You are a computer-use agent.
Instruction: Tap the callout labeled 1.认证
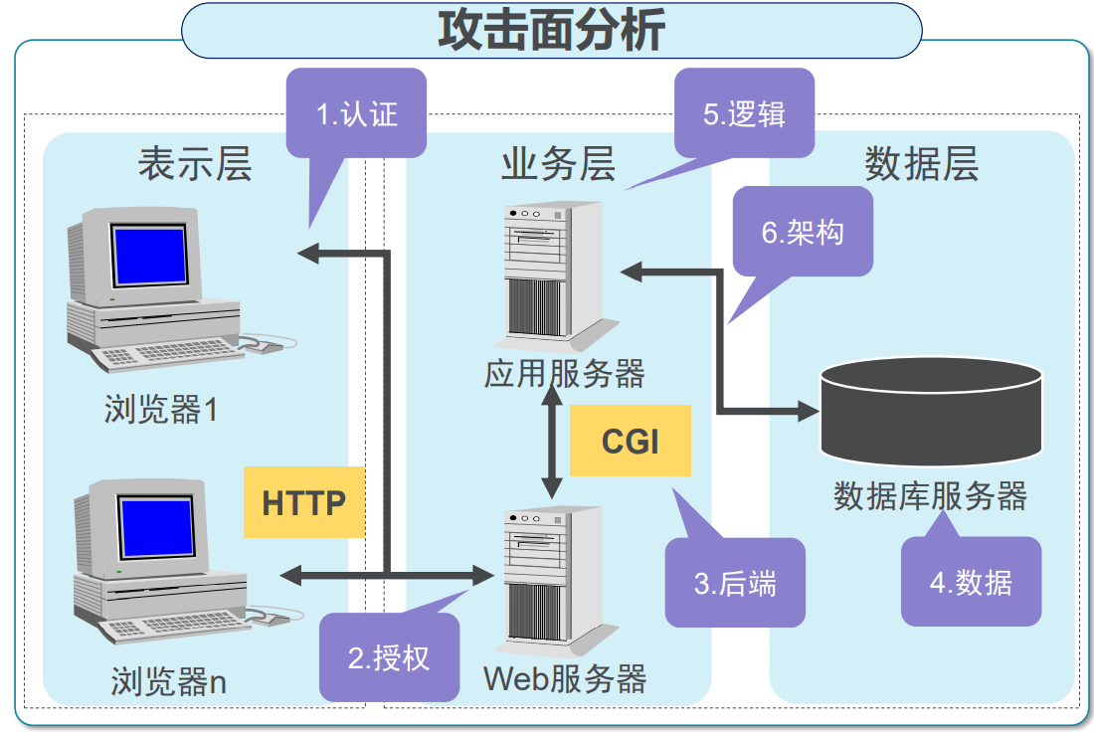pyautogui.click(x=356, y=113)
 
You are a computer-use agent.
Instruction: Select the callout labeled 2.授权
pyautogui.click(x=389, y=657)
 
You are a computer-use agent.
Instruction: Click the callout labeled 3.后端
pyautogui.click(x=734, y=583)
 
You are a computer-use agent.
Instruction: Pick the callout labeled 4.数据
pyautogui.click(x=971, y=582)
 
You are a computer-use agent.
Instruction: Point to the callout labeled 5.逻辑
pyautogui.click(x=744, y=113)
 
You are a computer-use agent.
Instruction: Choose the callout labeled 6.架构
pyautogui.click(x=803, y=232)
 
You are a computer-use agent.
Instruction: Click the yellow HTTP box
pyautogui.click(x=303, y=502)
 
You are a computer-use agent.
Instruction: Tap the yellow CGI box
pyautogui.click(x=631, y=441)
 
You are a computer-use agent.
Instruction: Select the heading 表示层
pyautogui.click(x=195, y=164)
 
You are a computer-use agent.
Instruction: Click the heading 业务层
pyautogui.click(x=558, y=164)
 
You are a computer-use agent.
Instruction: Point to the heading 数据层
pyautogui.click(x=921, y=164)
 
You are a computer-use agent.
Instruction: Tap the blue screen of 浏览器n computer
pyautogui.click(x=156, y=528)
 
